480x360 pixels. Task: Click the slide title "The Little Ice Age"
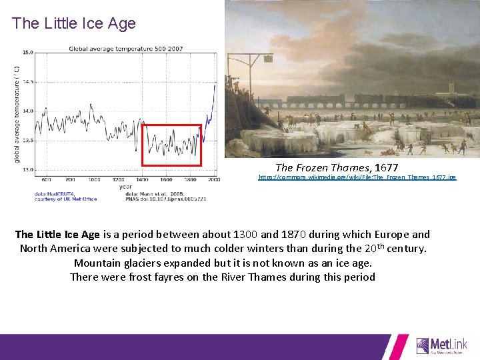[73, 23]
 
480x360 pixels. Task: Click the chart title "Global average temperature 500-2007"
[125, 49]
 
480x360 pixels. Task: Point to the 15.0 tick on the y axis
[28, 52]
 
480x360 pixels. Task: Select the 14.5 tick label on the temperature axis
[28, 81]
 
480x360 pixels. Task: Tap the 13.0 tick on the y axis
[28, 169]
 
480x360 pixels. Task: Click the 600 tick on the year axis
[47, 179]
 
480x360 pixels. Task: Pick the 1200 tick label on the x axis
[118, 179]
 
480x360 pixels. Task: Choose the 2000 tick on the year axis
[213, 179]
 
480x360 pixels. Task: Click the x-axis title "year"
[126, 187]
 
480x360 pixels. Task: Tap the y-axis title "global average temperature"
[17, 113]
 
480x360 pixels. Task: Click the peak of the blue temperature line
[215, 85]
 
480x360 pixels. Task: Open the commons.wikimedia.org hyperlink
[357, 178]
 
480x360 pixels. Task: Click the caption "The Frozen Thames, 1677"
[337, 167]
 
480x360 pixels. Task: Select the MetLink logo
[442, 345]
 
